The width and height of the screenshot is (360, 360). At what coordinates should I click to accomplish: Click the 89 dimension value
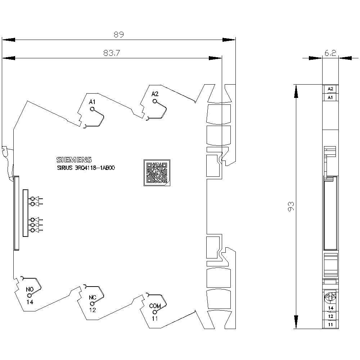pyautogui.click(x=119, y=35)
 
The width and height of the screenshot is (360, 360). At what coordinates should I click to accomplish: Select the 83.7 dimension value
pyautogui.click(x=112, y=53)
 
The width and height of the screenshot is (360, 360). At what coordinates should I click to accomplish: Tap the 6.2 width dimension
pyautogui.click(x=330, y=53)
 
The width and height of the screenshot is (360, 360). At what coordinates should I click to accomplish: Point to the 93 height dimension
pyautogui.click(x=291, y=206)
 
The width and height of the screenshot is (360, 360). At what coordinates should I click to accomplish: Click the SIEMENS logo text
pyautogui.click(x=74, y=160)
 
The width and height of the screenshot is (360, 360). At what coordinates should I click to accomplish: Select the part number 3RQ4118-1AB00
pyautogui.click(x=95, y=168)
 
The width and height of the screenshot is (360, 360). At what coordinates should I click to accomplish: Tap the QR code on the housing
pyautogui.click(x=157, y=173)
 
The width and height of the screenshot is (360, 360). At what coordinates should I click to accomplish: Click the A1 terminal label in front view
pyautogui.click(x=92, y=102)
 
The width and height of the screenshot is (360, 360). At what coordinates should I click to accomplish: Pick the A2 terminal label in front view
pyautogui.click(x=155, y=94)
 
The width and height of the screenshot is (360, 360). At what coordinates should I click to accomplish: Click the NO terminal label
pyautogui.click(x=30, y=289)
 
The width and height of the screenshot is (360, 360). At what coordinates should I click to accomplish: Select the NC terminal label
pyautogui.click(x=93, y=298)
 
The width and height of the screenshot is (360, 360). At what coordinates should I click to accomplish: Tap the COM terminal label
pyautogui.click(x=155, y=306)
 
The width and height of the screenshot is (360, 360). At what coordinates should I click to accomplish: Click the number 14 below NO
pyautogui.click(x=30, y=302)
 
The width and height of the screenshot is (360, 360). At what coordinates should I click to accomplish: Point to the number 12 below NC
pyautogui.click(x=93, y=310)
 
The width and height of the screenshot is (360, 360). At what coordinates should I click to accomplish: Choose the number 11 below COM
pyautogui.click(x=155, y=319)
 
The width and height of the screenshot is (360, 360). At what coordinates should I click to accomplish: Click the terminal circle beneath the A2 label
pyautogui.click(x=155, y=101)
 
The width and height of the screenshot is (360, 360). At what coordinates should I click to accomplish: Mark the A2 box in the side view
pyautogui.click(x=330, y=89)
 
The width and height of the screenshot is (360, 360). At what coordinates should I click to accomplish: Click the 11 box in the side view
pyautogui.click(x=330, y=325)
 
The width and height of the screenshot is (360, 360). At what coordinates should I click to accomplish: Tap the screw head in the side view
pyautogui.click(x=330, y=298)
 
